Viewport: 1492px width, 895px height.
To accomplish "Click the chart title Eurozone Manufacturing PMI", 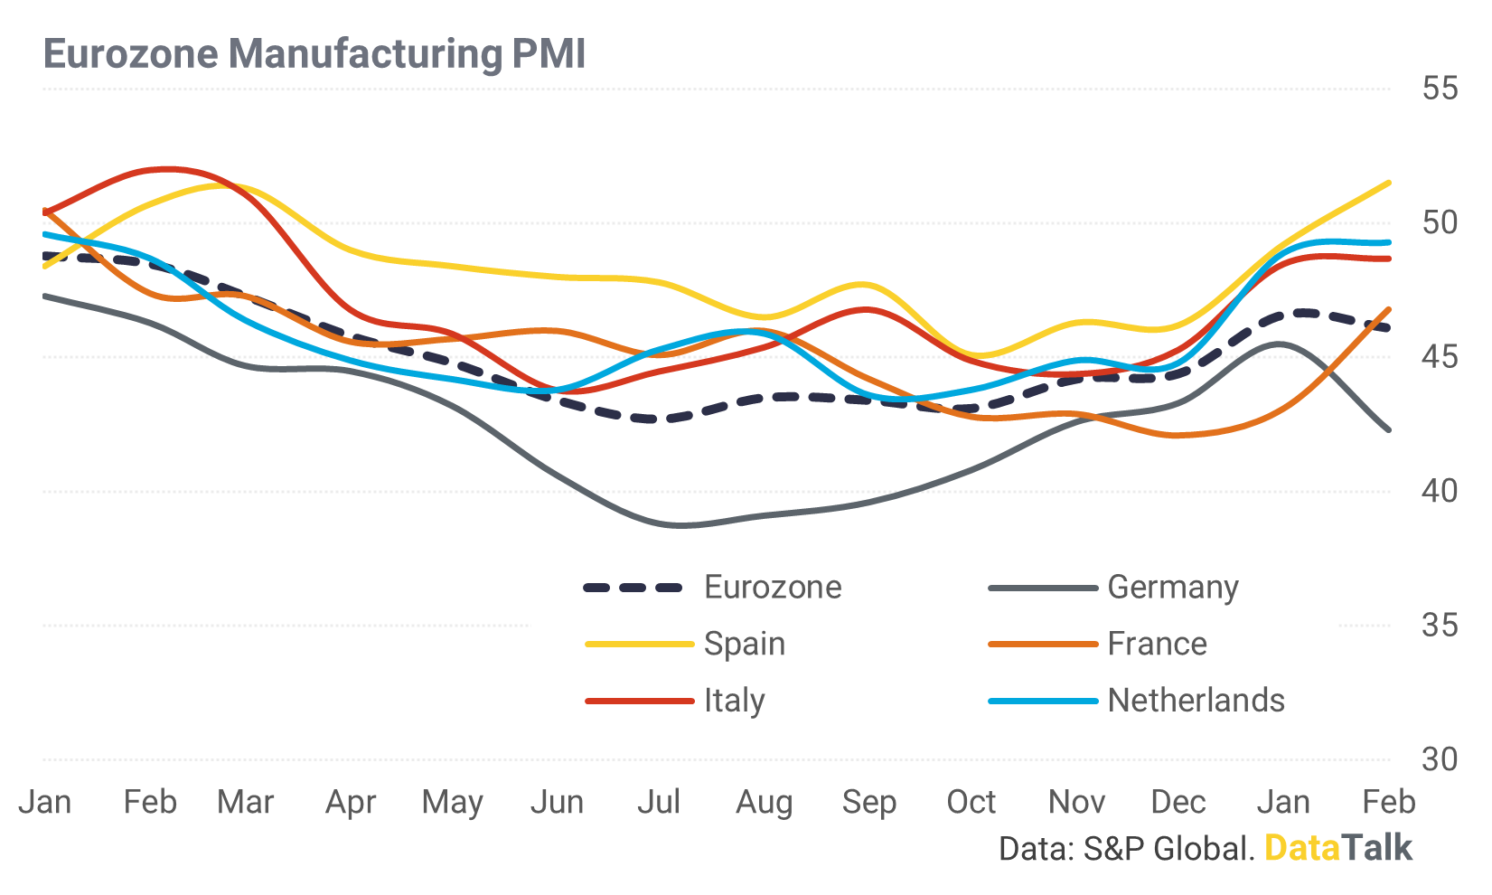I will (314, 53).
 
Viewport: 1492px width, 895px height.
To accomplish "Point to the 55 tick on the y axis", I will (1440, 89).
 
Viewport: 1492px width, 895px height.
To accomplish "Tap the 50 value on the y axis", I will (1440, 222).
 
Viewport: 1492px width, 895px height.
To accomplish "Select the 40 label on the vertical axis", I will (1440, 491).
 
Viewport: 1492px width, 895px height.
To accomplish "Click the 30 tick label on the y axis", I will (1440, 759).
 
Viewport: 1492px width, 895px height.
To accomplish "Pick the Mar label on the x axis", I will (245, 802).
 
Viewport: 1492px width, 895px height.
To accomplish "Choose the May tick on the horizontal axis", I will (453, 803).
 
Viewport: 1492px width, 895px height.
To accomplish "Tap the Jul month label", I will (659, 802).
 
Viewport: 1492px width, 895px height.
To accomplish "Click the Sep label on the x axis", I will (868, 803).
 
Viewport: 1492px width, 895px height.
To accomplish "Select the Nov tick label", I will (1076, 802).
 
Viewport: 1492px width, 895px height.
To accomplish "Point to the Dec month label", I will (1178, 802).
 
